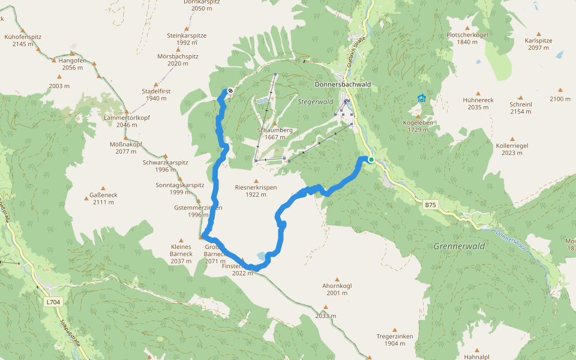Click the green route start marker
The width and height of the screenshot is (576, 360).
[x=371, y=159]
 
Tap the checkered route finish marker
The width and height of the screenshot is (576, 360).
[x=230, y=91]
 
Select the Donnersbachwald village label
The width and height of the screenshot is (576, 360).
[x=343, y=85]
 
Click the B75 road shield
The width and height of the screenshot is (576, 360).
[x=430, y=205]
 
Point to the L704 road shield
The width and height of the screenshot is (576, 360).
[x=53, y=302]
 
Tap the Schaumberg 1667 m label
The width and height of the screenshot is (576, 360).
[x=275, y=133]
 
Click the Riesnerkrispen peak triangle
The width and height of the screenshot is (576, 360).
[x=256, y=181]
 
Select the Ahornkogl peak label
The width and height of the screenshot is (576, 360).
[x=337, y=289]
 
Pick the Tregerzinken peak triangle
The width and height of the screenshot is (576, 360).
[x=395, y=329]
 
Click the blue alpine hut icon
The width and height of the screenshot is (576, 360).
[x=421, y=98]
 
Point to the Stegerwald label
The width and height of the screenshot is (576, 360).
[x=315, y=102]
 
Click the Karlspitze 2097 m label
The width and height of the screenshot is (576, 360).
[x=538, y=44]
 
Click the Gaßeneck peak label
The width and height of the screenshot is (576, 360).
[x=103, y=199]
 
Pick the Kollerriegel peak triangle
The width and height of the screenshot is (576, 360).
[x=512, y=138]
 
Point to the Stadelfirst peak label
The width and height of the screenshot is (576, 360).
[x=155, y=94]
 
